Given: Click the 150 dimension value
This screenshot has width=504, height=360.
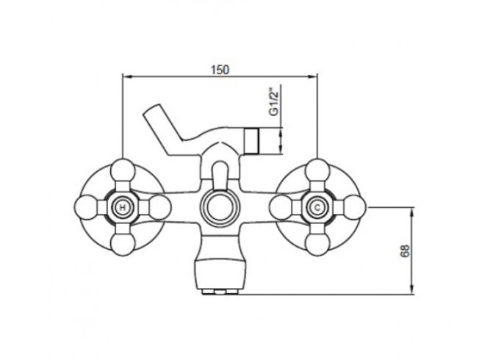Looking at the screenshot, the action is tap(220, 70).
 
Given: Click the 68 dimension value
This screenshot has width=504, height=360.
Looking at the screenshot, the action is tap(405, 251).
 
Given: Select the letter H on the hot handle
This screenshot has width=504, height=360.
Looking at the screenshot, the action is tap(123, 208).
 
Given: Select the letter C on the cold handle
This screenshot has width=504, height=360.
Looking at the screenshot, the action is tap(317, 208).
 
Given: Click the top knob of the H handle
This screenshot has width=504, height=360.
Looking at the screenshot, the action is tap(123, 170).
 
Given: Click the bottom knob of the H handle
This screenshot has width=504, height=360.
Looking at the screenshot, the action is tap(123, 245).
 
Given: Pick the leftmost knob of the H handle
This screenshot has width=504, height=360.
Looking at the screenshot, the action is tap(86, 208).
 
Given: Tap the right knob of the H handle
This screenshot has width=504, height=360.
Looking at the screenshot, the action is tap(159, 208).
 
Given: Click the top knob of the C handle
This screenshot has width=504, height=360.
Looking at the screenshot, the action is tap(317, 170).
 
